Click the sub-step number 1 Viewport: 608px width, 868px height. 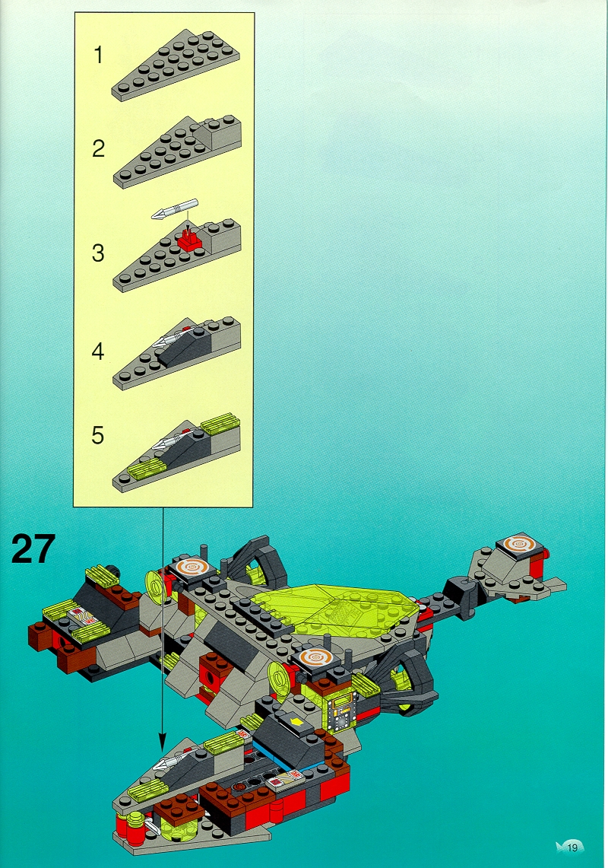click(99, 56)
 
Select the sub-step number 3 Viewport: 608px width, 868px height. click(98, 253)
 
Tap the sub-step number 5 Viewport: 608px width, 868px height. click(98, 436)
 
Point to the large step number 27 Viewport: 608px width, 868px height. click(33, 548)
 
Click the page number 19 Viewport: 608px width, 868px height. click(572, 847)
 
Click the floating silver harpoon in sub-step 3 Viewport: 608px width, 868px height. click(175, 209)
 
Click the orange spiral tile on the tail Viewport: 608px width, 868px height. click(520, 545)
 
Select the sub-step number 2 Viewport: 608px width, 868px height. click(98, 149)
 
